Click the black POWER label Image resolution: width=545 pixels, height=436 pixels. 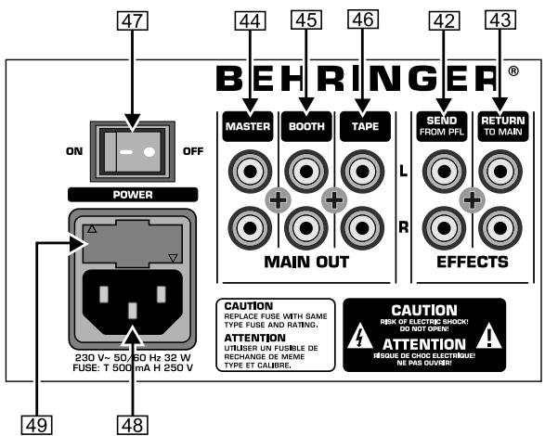pos(131,194)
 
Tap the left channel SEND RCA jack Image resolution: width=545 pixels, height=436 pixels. pos(440,171)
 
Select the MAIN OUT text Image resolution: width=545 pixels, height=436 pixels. pos(305,263)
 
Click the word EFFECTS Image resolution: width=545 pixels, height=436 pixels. pos(472,263)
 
